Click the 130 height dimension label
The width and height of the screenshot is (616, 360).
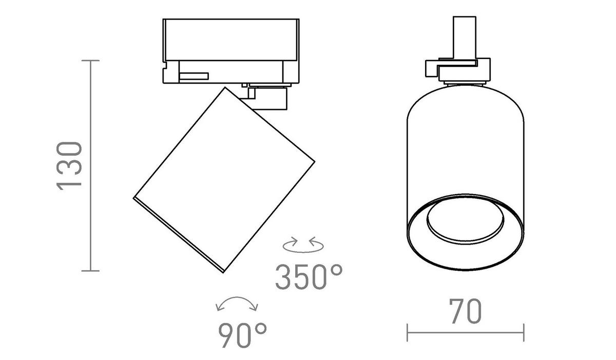[x=69, y=166]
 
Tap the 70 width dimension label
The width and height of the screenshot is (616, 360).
[x=465, y=311]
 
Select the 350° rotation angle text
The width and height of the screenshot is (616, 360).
[x=309, y=277]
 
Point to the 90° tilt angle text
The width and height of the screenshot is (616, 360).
[x=242, y=335]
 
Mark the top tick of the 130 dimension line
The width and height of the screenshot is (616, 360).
[x=90, y=60]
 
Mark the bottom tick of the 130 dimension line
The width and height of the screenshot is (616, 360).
[x=90, y=271]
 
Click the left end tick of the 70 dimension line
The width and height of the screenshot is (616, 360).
[x=407, y=332]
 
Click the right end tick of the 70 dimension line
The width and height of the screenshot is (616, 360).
[x=524, y=332]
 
